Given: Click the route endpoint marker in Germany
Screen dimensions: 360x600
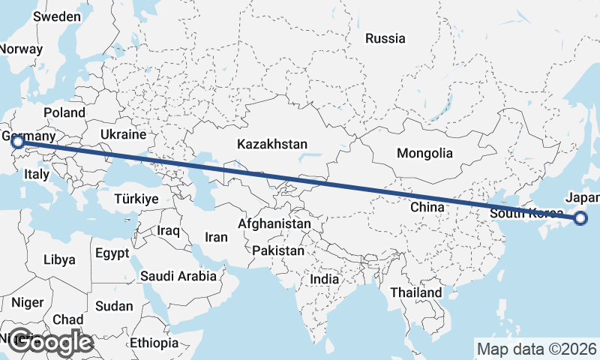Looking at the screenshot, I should point(17,141).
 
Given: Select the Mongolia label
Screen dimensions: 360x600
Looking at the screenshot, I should point(425,153).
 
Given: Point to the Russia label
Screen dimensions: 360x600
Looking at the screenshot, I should point(385,38).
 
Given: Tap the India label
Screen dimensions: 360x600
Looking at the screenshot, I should point(325,279).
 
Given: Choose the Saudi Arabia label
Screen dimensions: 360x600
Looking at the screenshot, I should point(178,276).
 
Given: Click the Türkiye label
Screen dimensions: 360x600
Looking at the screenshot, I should point(136,199).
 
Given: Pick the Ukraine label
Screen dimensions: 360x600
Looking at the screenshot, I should point(121,134).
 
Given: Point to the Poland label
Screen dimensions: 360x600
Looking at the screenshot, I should point(64,112).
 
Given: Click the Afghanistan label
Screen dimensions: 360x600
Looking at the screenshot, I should point(274,223).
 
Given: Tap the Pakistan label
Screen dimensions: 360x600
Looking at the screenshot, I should point(278,250).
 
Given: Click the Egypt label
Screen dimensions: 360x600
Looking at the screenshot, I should point(113,253).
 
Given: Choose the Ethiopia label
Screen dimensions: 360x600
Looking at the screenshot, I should point(154,343).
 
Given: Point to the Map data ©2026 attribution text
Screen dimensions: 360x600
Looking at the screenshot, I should point(537,349).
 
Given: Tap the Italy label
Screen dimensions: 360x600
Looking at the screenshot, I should point(36,174).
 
